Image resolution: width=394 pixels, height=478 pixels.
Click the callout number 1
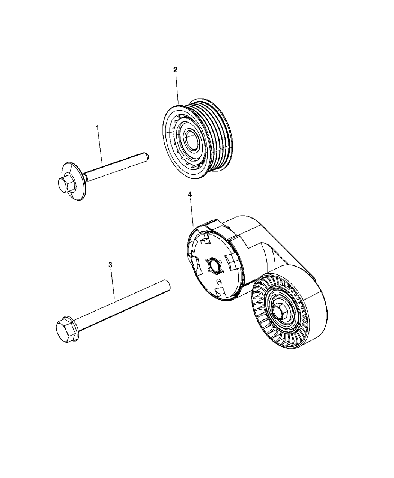pos(98,128)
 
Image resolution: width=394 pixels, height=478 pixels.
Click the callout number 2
pos(175,70)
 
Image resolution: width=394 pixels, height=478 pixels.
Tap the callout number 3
pos(110,265)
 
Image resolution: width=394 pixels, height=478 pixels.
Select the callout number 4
pos(190,194)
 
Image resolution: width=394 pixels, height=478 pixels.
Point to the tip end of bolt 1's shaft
pos(146,157)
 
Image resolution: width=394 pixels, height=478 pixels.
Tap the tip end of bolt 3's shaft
pos(167,286)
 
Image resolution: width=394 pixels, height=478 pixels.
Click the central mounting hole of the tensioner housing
pos(215,265)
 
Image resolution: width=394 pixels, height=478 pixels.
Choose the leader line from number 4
pos(192,212)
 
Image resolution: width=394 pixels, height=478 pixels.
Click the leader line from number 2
pos(177,88)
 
